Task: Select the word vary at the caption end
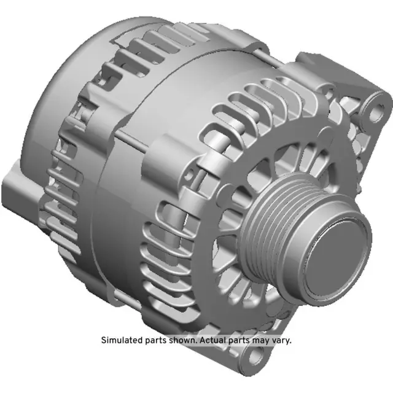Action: point(281,340)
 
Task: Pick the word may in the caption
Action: point(260,340)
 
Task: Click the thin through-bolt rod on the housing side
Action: point(132,139)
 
